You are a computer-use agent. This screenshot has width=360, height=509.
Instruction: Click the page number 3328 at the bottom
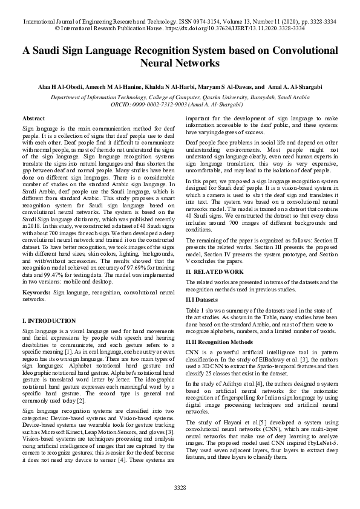(180, 487)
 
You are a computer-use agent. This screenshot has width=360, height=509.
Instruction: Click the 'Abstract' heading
(33, 118)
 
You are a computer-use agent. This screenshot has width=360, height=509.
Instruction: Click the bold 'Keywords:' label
(36, 292)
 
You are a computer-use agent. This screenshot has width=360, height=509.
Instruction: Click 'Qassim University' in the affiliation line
(231, 96)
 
